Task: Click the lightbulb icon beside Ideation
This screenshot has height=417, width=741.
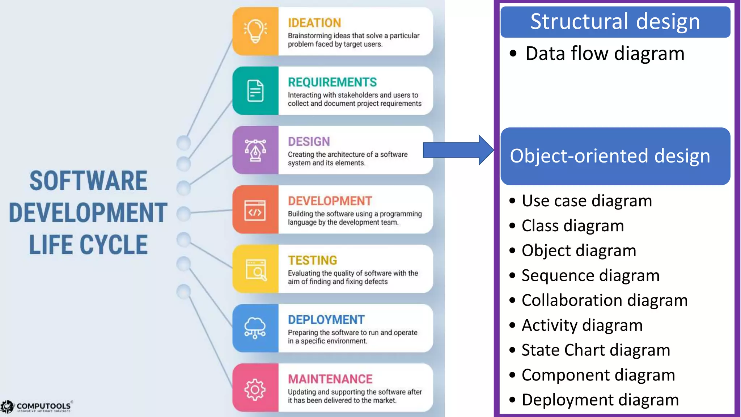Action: coord(255,31)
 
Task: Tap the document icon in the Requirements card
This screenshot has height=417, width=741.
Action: coord(255,90)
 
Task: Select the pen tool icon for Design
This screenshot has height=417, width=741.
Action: coord(255,150)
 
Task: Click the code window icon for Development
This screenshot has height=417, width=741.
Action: coord(255,210)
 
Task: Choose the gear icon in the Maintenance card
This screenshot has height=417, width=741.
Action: coord(255,389)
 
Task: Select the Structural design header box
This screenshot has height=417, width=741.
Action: coord(615,22)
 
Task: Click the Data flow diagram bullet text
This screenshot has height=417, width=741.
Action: coord(605,54)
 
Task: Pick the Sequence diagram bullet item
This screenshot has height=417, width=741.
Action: coord(590,275)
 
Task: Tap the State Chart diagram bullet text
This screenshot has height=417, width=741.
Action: coord(596,350)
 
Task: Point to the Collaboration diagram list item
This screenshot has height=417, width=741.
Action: coord(604,300)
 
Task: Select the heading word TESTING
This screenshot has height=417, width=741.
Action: coord(312,260)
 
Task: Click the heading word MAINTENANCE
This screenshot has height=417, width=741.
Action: coord(330,379)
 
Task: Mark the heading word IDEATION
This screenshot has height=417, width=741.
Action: coord(314,23)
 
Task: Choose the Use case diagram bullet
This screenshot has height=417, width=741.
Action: coord(587,201)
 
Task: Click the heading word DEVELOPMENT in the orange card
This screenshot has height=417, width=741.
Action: coord(330,201)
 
